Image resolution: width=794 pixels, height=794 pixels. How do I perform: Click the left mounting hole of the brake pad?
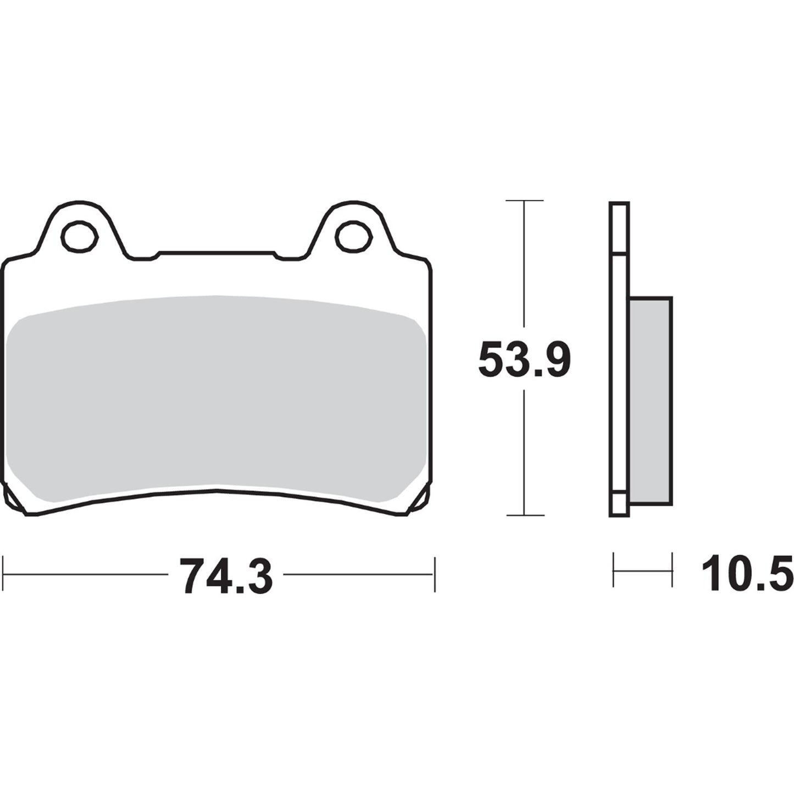80,236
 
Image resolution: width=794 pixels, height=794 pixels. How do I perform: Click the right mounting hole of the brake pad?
353,236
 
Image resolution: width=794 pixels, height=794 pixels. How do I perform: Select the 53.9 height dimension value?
524,360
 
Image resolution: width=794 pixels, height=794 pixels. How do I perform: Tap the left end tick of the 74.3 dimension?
4,575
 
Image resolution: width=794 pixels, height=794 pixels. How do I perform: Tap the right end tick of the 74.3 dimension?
435,575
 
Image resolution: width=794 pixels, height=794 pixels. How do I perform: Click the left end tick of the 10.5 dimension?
614,570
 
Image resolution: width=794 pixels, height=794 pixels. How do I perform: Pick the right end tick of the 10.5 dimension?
671,570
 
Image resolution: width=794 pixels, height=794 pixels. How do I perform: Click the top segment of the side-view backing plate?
619,228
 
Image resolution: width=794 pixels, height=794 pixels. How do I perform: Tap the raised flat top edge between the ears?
216,253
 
